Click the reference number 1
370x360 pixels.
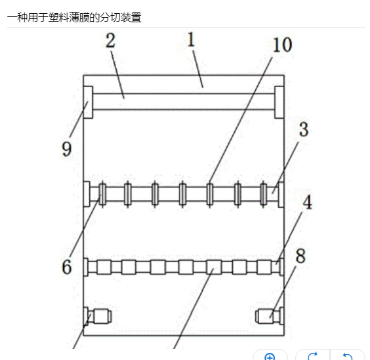click(191, 39)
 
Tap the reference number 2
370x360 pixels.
click(110, 41)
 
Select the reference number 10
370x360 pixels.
click(282, 45)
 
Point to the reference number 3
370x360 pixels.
click(304, 129)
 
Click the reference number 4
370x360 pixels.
click(308, 202)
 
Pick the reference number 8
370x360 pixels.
click(300, 256)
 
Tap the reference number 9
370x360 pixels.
click(66, 149)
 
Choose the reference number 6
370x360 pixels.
click(66, 267)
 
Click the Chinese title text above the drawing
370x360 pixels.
click(74, 18)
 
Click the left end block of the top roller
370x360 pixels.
click(89, 102)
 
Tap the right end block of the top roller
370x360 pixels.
click(279, 102)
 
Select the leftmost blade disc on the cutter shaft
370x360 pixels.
click(102, 194)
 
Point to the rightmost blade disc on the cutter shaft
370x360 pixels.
click(264, 194)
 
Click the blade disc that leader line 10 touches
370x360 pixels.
click(209, 194)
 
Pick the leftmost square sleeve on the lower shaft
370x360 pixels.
click(104, 267)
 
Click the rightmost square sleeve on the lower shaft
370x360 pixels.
click(264, 267)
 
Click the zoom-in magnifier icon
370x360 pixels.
click(270, 356)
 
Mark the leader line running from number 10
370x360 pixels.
click(241, 120)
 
